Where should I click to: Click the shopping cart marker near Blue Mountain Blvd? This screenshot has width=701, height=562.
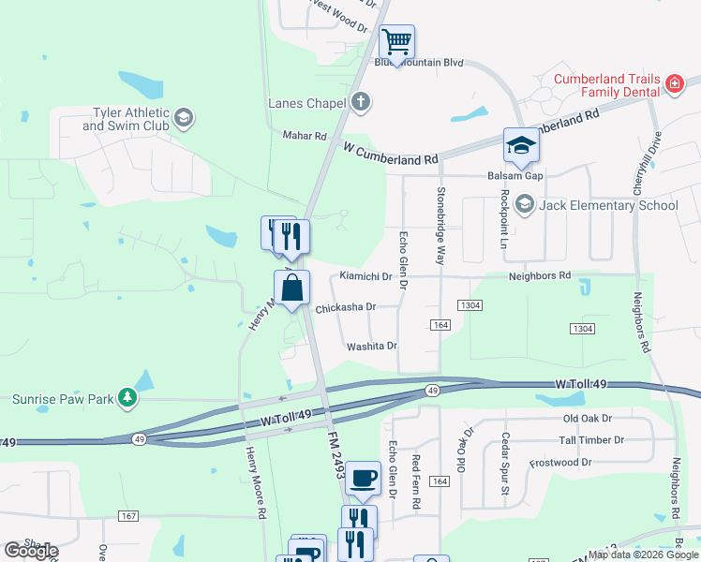396,42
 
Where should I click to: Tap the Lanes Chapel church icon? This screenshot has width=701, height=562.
362,102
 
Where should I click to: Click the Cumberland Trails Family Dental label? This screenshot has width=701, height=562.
605,85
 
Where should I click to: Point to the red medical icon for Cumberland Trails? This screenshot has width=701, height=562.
673,85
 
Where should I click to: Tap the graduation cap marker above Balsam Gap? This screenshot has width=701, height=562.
521,145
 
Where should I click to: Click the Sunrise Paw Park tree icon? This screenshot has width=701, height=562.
127,398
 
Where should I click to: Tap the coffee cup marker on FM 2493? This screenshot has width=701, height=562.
363,479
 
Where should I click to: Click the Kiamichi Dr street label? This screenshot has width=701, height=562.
365,276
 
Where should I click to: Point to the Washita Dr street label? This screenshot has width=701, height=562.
372,346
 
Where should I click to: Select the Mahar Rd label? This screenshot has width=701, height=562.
305,136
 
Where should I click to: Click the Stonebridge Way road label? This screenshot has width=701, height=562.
440,225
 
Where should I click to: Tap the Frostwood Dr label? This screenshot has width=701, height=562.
561,463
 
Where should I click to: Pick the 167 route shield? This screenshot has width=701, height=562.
129,516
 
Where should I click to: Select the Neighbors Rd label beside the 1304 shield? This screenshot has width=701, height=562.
539,276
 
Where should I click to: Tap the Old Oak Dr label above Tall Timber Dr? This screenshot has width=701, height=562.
587,418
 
